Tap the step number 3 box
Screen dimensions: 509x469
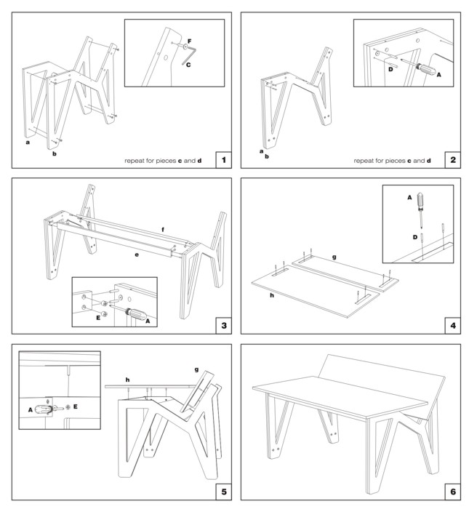tap(223, 324)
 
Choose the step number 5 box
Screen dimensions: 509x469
tap(223, 492)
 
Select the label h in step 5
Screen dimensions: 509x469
tap(128, 379)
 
